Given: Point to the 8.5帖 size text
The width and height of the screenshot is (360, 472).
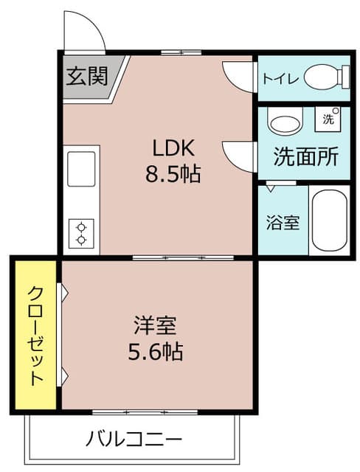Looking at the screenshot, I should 173,176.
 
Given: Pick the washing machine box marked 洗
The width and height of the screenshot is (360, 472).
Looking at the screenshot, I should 327,118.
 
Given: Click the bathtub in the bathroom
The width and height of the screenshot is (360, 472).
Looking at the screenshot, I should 329,221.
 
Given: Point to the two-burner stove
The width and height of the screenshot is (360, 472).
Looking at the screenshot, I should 81,233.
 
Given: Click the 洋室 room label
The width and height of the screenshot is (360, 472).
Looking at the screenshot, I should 155,324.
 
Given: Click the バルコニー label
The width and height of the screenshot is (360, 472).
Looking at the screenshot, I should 133,440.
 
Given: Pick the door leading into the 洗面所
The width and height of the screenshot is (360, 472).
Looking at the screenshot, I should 240,156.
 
